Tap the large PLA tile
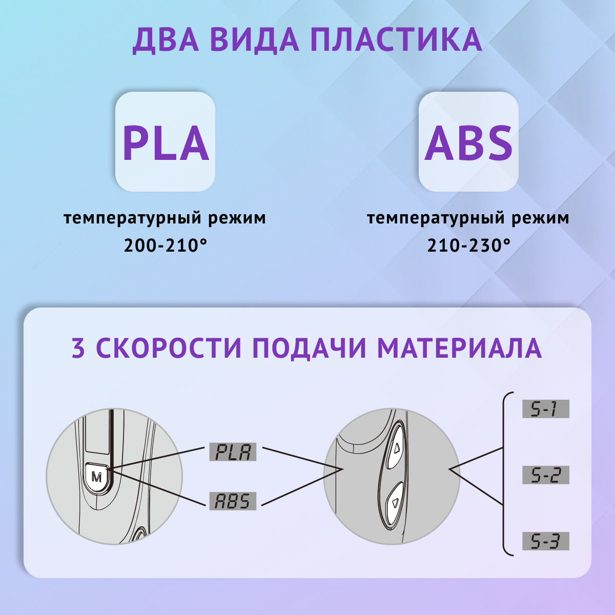click(x=165, y=142)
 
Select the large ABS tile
click(x=468, y=142)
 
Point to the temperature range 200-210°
click(x=165, y=245)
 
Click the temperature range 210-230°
click(x=468, y=245)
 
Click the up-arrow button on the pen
click(x=397, y=449)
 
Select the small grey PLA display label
click(x=233, y=452)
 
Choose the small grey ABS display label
click(x=233, y=501)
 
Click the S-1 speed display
click(x=545, y=409)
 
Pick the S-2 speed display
click(x=545, y=476)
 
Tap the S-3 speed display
click(x=545, y=541)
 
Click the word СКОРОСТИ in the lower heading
click(x=169, y=348)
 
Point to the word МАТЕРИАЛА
click(x=459, y=348)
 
